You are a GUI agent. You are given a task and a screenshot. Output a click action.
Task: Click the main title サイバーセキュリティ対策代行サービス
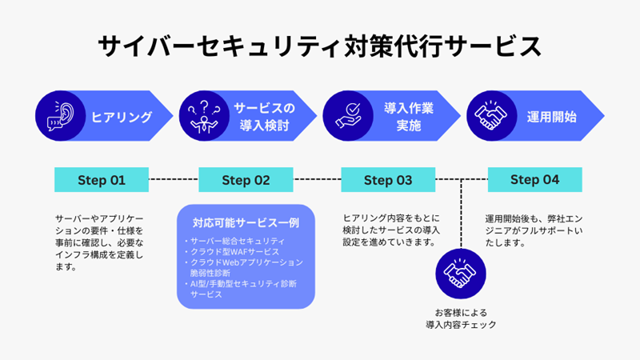[x=319, y=46]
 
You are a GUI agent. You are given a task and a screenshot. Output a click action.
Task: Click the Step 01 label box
[x=102, y=180]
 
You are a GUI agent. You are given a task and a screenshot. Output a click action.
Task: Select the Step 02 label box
[x=246, y=180]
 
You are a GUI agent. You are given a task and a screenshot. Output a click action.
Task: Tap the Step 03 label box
[x=388, y=180]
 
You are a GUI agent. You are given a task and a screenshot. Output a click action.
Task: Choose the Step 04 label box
[x=534, y=180]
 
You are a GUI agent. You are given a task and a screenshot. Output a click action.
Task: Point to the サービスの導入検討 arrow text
[x=265, y=117]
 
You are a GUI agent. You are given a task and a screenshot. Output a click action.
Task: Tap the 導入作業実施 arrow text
[x=409, y=117]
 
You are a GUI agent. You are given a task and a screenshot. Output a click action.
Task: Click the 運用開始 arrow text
[x=553, y=117]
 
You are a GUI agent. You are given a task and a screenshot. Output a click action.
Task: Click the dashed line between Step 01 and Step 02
[x=174, y=180]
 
